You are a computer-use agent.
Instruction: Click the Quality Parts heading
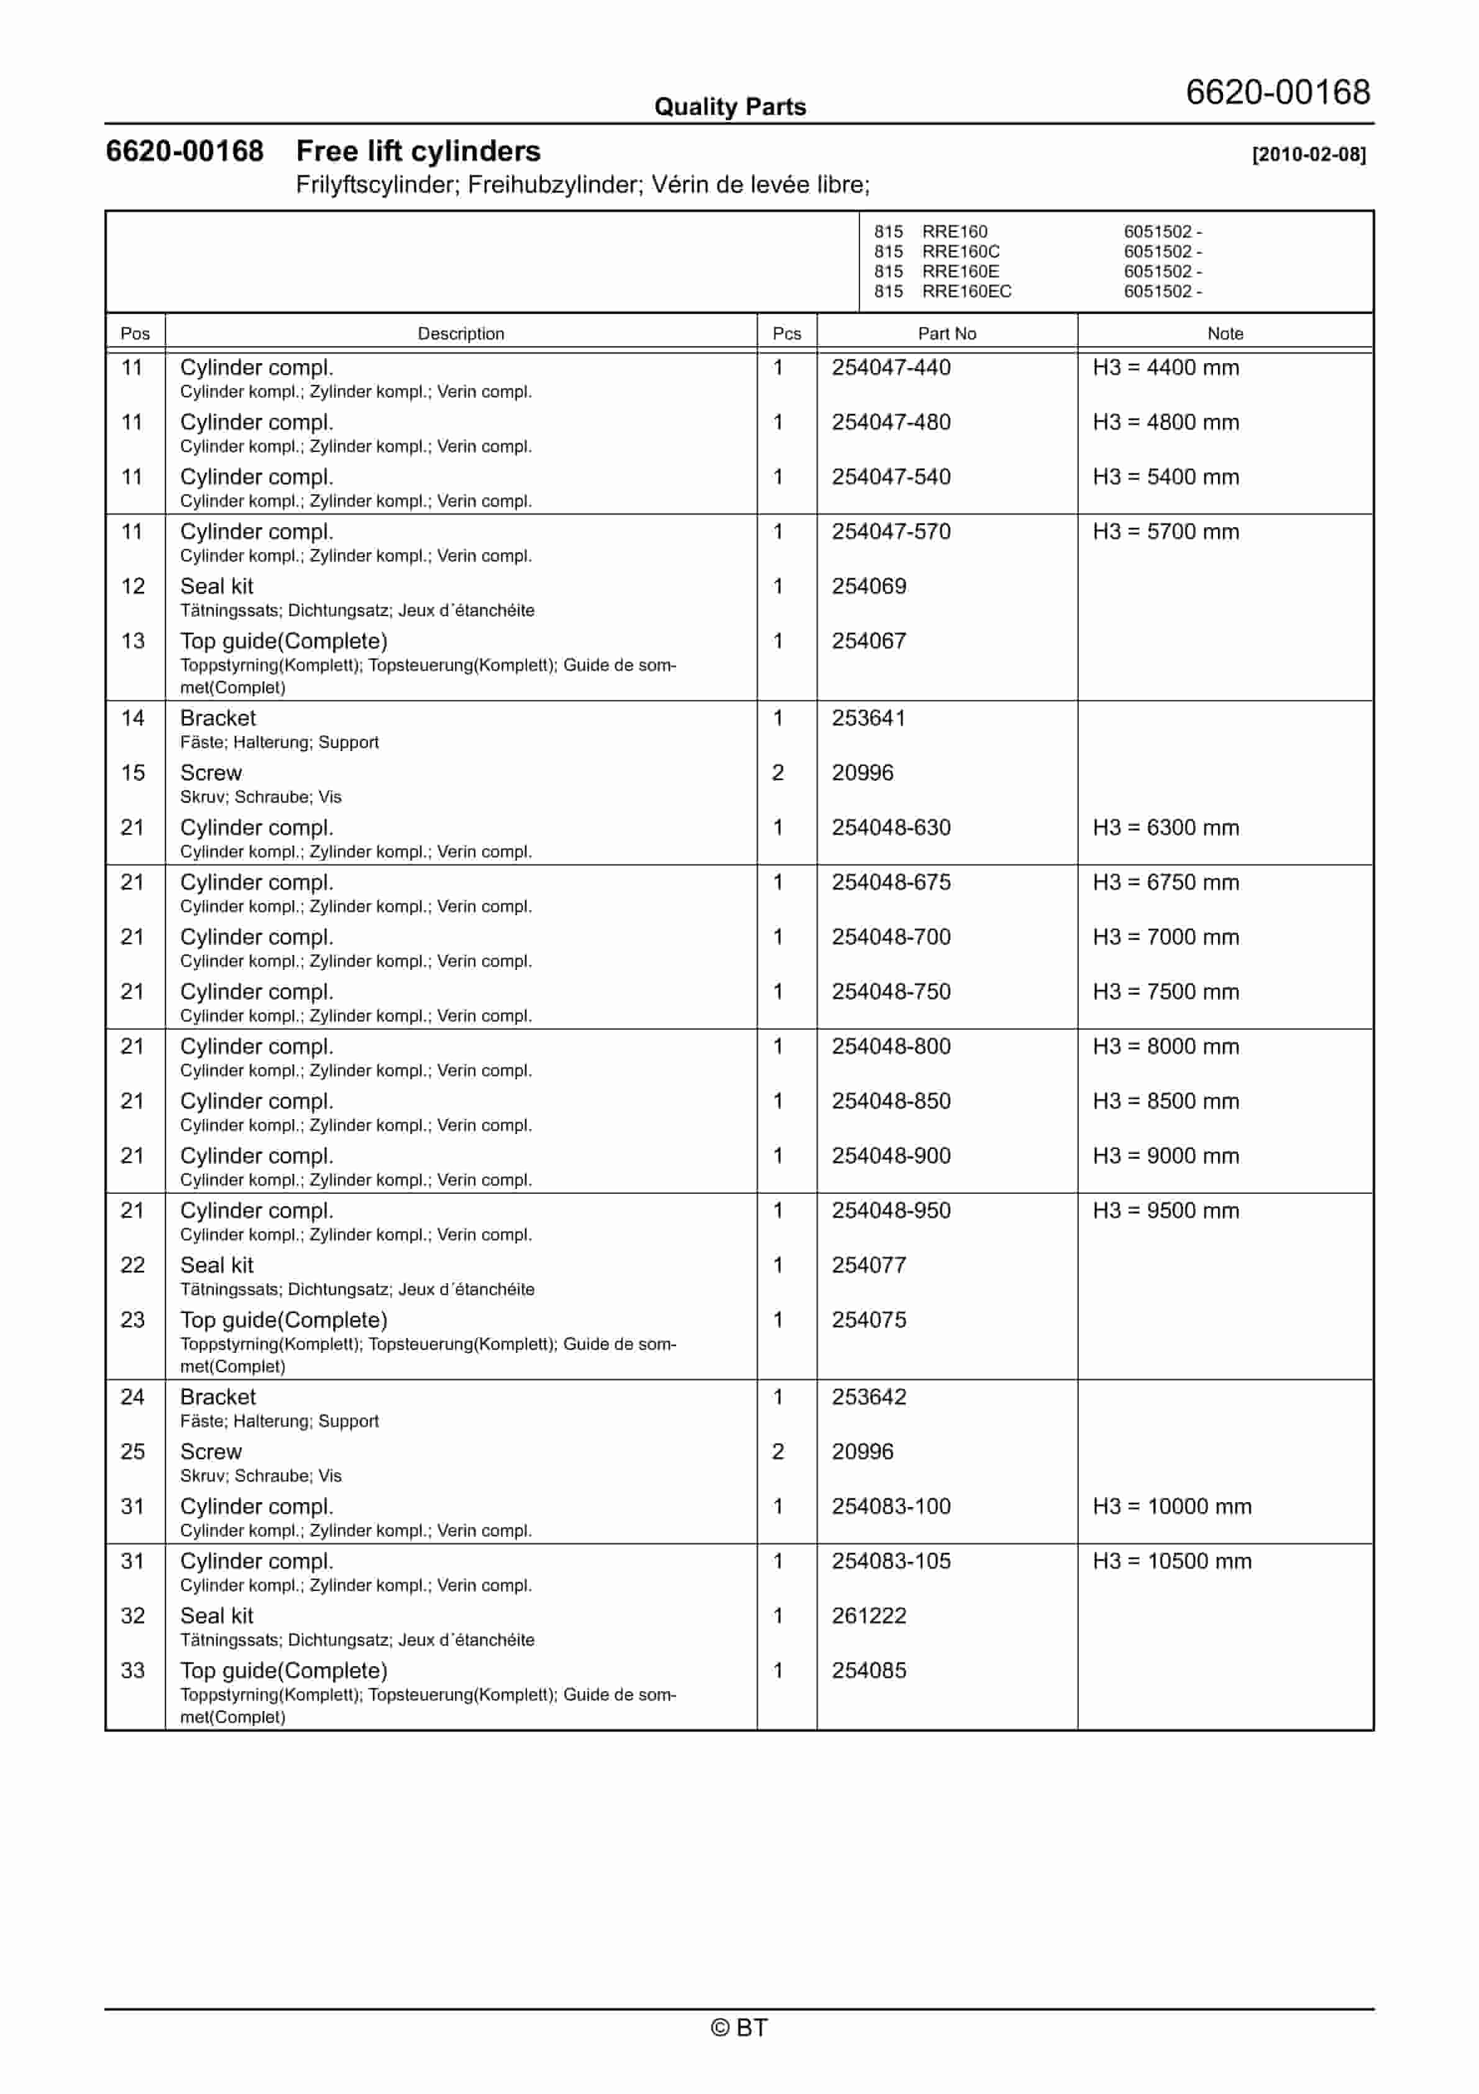point(730,107)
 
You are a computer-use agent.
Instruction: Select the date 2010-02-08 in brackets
point(1309,154)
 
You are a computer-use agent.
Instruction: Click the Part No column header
point(946,334)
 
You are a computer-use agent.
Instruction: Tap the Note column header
point(1225,334)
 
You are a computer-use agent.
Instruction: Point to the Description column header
point(460,334)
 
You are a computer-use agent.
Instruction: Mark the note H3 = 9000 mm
point(1165,1156)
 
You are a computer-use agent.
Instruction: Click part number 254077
point(869,1265)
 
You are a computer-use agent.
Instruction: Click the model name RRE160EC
point(966,292)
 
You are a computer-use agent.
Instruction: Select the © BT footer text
point(739,2027)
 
